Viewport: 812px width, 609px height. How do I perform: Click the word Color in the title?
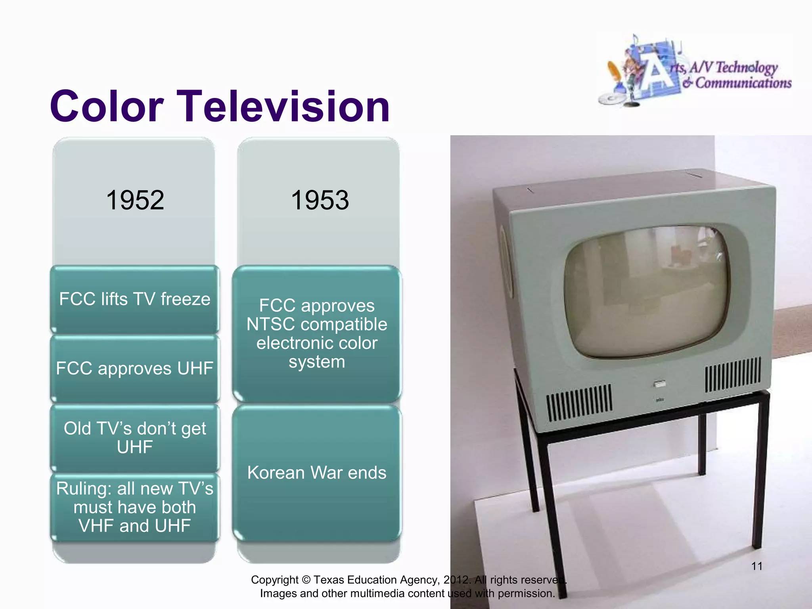(x=106, y=106)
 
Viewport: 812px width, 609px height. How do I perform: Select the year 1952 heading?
(x=135, y=200)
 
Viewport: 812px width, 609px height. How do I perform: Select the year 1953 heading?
(x=320, y=200)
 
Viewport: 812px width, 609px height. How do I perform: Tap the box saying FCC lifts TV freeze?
(x=135, y=299)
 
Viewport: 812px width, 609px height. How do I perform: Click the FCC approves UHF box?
(x=135, y=369)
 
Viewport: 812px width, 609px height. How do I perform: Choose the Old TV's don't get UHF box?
(x=135, y=438)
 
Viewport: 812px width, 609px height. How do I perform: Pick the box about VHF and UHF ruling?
(x=135, y=507)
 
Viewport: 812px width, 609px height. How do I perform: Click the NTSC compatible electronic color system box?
(x=317, y=333)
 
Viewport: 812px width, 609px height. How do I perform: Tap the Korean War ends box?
(x=317, y=473)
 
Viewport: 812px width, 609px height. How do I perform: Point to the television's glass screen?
(x=646, y=291)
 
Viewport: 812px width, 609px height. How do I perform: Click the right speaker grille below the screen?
(x=733, y=374)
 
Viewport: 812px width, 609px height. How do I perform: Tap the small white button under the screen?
(x=659, y=384)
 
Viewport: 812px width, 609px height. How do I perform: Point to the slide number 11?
(x=756, y=566)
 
